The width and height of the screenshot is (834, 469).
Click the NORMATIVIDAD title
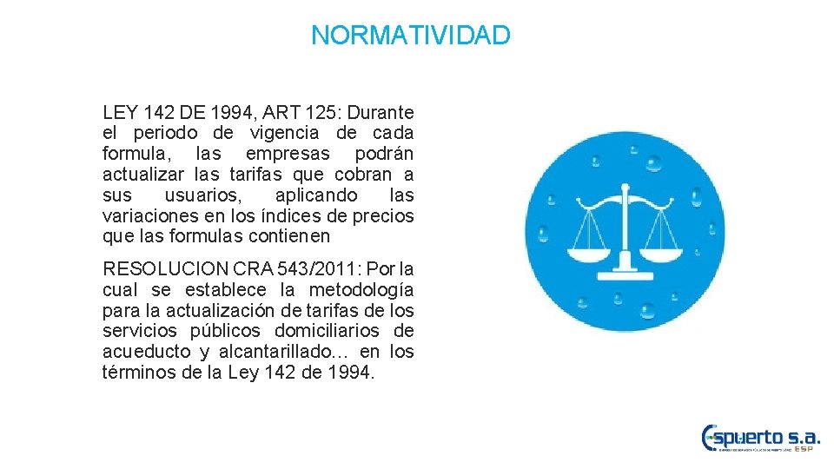tap(411, 36)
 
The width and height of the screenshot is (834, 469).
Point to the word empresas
tap(288, 154)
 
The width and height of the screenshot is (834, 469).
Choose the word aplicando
tap(315, 195)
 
